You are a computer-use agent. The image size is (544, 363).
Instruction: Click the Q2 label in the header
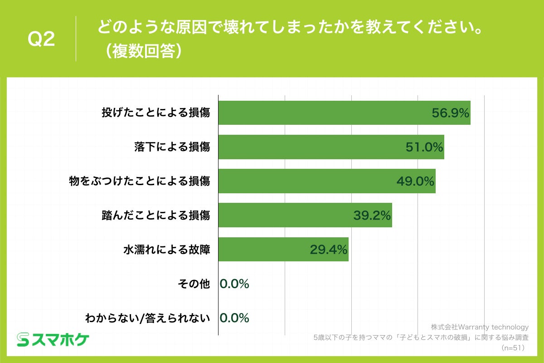41,40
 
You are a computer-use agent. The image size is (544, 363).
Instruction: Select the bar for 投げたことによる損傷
317,113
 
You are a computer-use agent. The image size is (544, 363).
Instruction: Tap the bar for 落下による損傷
308,147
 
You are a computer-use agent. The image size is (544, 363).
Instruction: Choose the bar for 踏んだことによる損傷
281,215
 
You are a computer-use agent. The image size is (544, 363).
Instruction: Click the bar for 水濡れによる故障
263,249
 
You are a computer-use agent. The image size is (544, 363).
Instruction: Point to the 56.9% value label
450,113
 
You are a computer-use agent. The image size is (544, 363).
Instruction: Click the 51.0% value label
424,147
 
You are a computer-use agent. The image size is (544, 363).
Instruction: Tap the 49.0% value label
415,181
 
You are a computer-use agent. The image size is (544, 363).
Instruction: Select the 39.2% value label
372,215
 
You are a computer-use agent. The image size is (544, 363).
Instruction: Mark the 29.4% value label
329,249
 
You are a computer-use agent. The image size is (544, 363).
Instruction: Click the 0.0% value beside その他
234,284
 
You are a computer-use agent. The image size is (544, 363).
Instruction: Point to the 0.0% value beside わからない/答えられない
234,318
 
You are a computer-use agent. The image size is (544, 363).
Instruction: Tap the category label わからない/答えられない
148,318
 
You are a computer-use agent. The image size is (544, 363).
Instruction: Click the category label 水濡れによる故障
167,249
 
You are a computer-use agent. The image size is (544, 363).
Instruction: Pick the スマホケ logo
53,339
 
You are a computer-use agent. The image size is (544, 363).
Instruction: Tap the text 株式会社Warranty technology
480,327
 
